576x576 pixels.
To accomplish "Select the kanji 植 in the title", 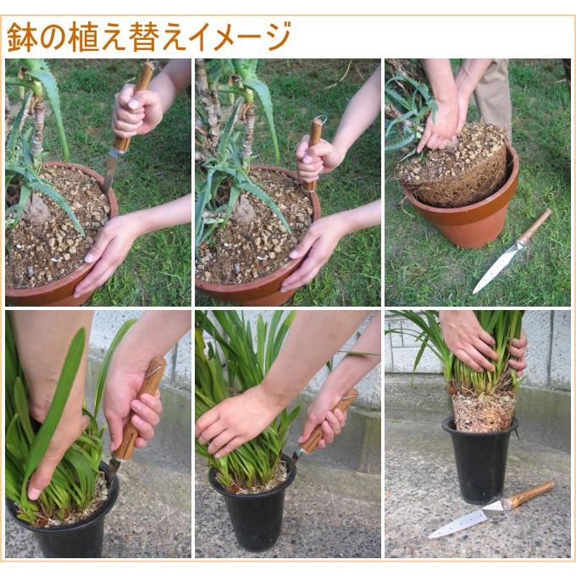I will pos(86,37).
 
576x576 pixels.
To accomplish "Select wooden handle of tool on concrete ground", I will pos(531,494).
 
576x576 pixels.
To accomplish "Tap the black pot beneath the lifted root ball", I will pos(479,462).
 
